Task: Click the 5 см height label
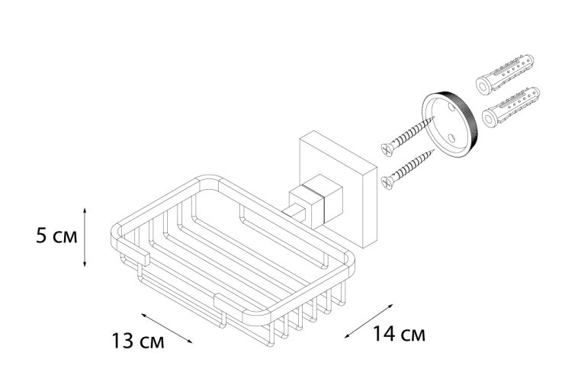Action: [56, 236]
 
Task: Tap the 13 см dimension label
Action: [138, 341]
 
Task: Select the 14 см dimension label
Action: [399, 333]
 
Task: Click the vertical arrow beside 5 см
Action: [85, 237]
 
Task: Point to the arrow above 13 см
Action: [166, 328]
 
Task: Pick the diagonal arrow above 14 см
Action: [369, 321]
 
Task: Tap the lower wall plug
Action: [511, 107]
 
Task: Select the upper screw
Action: [408, 135]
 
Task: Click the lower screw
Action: [408, 168]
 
